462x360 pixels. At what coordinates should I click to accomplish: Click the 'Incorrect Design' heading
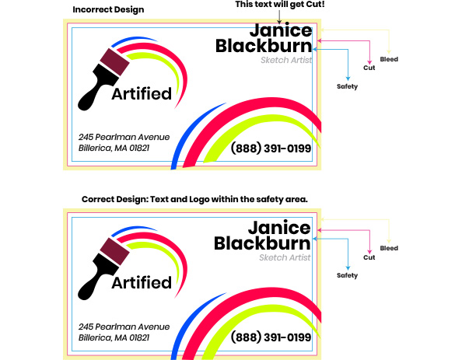108,10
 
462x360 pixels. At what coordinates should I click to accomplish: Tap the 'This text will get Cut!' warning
280,5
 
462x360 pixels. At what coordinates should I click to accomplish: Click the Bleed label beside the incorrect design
389,59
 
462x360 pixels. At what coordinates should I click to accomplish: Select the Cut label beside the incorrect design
369,68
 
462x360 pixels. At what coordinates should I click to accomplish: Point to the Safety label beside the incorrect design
347,86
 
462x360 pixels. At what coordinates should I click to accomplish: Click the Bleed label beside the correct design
389,248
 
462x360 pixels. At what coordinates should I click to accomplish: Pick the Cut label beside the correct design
369,257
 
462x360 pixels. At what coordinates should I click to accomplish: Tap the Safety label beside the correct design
347,275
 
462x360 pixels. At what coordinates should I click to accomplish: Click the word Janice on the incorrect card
281,30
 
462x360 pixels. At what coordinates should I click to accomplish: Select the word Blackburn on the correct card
262,243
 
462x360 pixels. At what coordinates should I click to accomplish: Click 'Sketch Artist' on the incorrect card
286,60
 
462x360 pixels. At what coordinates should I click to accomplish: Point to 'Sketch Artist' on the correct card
285,257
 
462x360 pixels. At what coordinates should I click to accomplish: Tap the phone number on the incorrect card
271,148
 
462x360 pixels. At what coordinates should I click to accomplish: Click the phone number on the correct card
271,337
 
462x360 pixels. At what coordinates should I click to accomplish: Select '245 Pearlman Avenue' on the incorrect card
124,137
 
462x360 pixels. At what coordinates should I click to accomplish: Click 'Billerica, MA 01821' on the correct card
114,337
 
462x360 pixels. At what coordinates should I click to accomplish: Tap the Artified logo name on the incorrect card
142,93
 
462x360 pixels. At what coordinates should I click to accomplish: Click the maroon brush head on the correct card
114,251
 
